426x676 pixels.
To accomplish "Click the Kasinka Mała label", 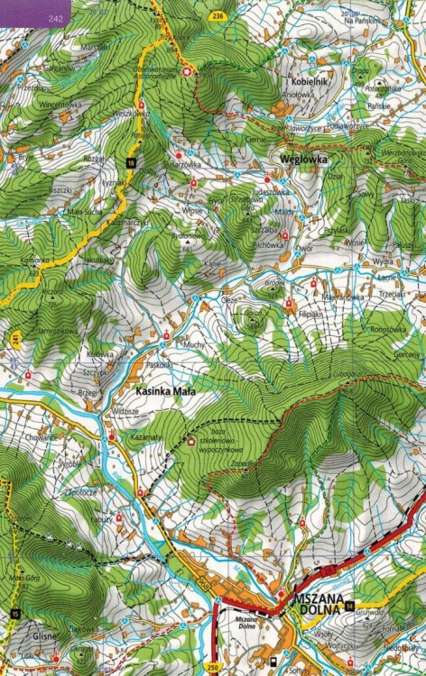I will pos(165,393).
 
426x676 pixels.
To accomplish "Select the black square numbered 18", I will pos(131,162).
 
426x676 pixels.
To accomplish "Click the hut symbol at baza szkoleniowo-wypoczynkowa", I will pos(190,441).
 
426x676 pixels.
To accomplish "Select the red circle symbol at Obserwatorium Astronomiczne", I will pos(188,70).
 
